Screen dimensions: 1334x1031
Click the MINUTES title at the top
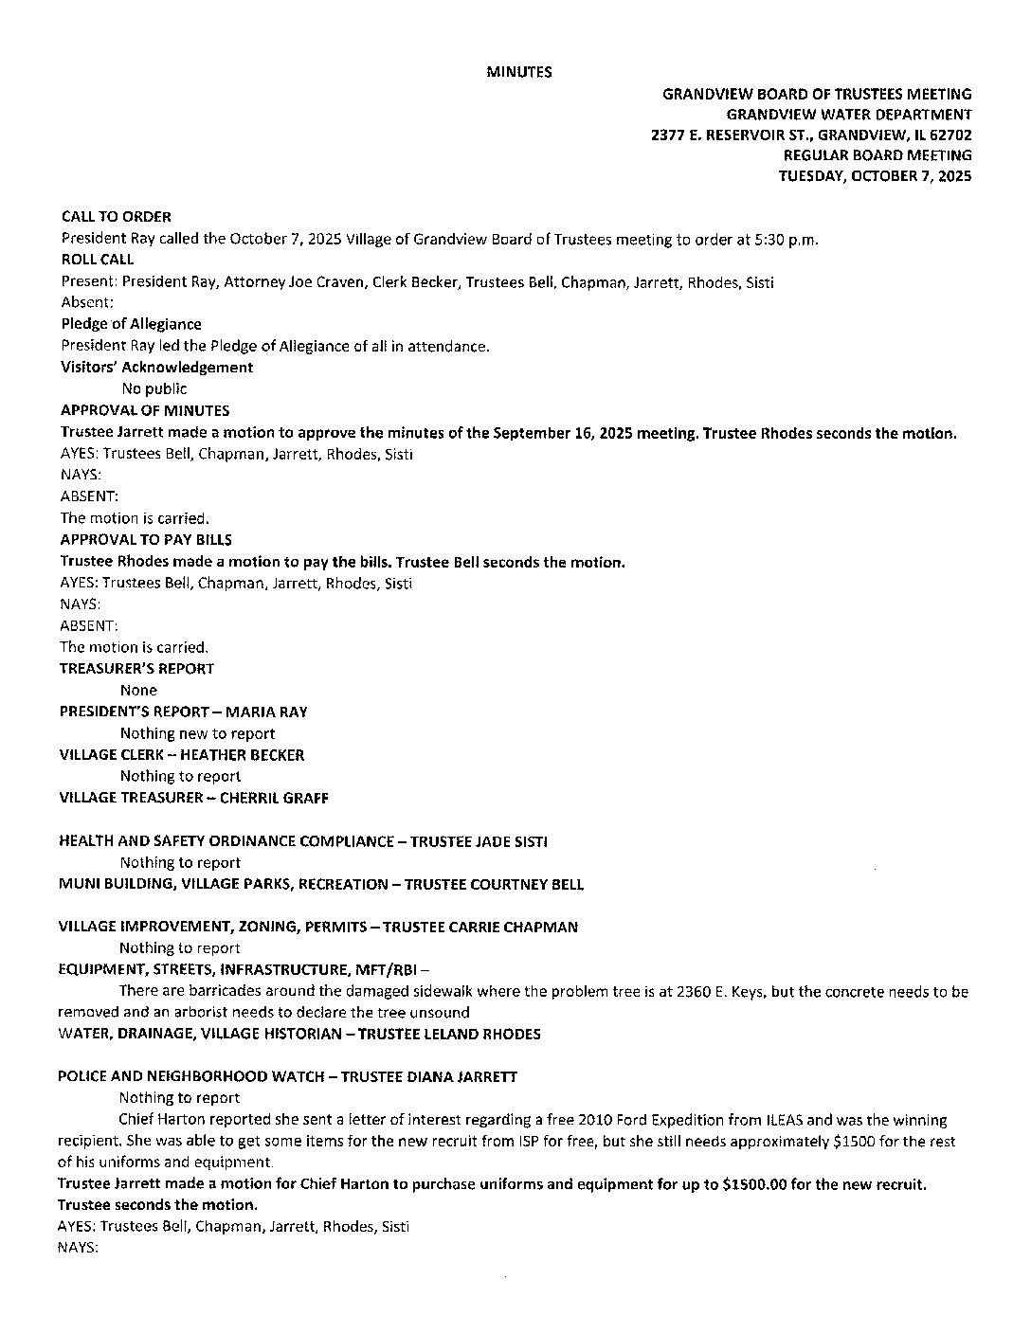[x=518, y=72]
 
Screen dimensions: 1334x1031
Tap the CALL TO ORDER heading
[x=116, y=217]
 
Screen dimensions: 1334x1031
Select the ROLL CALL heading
[x=98, y=260]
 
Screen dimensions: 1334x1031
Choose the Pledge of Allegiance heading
[x=131, y=324]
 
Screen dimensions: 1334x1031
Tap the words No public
[x=154, y=388]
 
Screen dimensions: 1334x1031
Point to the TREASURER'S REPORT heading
[x=137, y=669]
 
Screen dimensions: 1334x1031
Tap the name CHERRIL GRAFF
[x=274, y=798]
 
